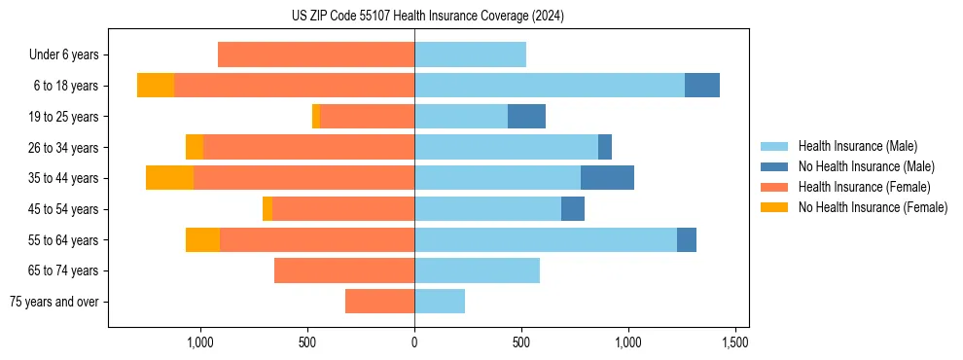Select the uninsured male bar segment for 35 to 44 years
(x=607, y=178)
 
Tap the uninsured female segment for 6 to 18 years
(x=156, y=86)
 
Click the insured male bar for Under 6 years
(x=470, y=54)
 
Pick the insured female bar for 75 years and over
(x=379, y=302)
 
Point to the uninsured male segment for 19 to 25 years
(x=526, y=117)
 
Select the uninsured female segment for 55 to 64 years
(x=202, y=239)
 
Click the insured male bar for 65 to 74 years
(x=477, y=270)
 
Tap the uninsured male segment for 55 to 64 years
(x=687, y=239)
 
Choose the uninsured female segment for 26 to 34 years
(x=195, y=147)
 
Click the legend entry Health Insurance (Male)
(x=857, y=147)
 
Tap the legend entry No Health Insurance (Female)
(x=872, y=207)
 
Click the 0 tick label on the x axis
(x=414, y=342)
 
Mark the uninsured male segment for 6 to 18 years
(x=702, y=86)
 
